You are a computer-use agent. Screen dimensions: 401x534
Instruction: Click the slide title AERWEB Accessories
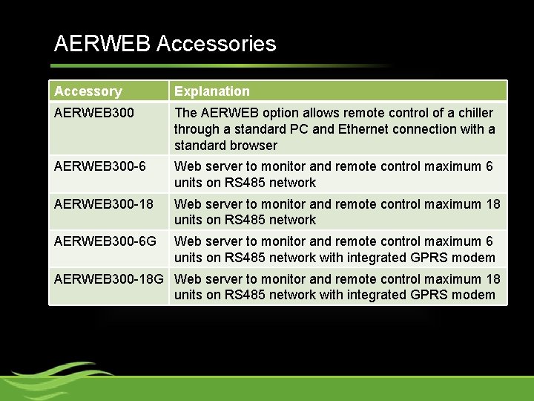165,44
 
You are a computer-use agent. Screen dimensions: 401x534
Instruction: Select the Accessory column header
88,91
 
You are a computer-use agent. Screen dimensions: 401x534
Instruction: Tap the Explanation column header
211,91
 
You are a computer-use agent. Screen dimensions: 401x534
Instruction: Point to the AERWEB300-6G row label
105,241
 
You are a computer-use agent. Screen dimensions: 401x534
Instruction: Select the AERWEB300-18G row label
111,279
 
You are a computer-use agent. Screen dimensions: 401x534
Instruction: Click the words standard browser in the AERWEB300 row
225,146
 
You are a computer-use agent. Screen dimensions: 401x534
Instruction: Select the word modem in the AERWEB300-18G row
477,295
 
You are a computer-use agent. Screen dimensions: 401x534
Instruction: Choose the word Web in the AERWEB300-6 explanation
186,166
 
